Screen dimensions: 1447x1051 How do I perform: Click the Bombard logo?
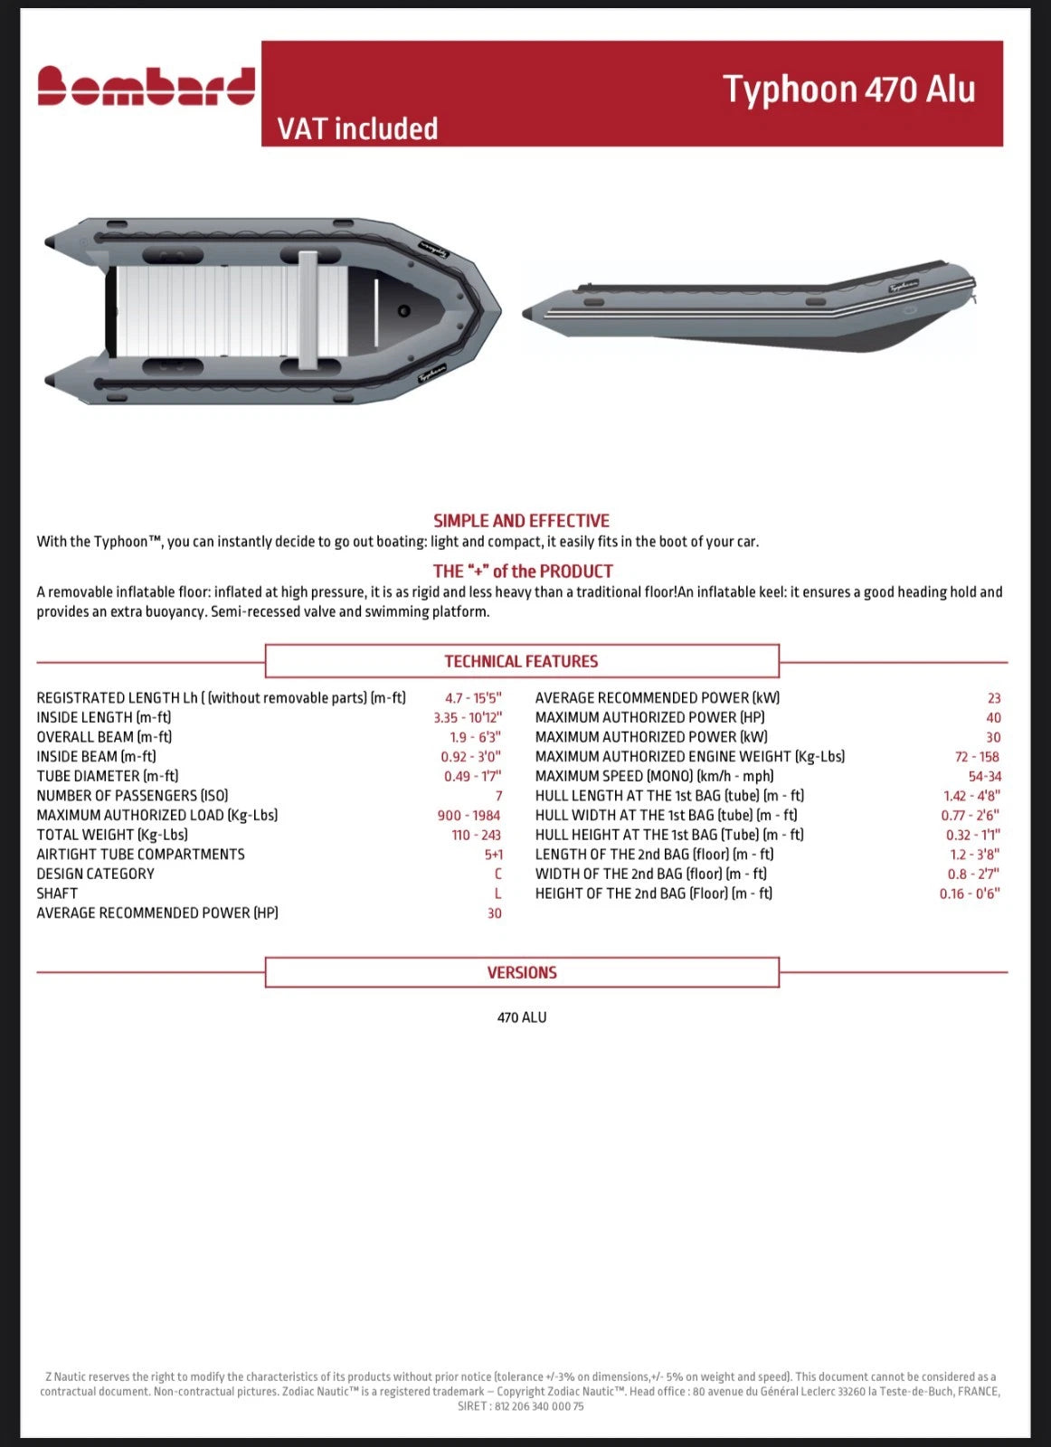[x=146, y=87]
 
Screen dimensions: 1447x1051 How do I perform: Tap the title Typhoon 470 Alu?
[x=848, y=90]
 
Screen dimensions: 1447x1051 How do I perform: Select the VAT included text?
[x=357, y=129]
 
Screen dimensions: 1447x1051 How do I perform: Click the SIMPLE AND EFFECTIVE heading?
[x=521, y=521]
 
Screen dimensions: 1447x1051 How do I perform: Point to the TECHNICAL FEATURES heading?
[x=521, y=661]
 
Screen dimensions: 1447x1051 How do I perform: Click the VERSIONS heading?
[x=522, y=973]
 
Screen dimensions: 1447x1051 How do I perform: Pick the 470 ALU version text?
[x=522, y=1017]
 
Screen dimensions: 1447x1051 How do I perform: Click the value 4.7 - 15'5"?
[x=472, y=698]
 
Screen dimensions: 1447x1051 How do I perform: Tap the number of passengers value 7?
[x=498, y=796]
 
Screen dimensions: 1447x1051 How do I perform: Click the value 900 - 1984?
[x=469, y=816]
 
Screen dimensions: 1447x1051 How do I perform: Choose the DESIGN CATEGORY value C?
[x=497, y=874]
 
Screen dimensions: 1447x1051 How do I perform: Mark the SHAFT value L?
[x=497, y=894]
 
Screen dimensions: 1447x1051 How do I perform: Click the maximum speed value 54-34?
[x=984, y=776]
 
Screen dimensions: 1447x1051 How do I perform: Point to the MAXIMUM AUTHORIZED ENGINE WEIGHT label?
[x=689, y=757]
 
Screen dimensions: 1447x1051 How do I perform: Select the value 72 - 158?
[x=977, y=757]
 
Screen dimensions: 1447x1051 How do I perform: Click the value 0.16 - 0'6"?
[x=970, y=894]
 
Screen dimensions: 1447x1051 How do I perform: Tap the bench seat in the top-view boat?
[x=308, y=310]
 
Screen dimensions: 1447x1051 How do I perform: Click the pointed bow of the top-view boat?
[x=495, y=310]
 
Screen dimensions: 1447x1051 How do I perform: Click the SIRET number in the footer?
[x=521, y=1406]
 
